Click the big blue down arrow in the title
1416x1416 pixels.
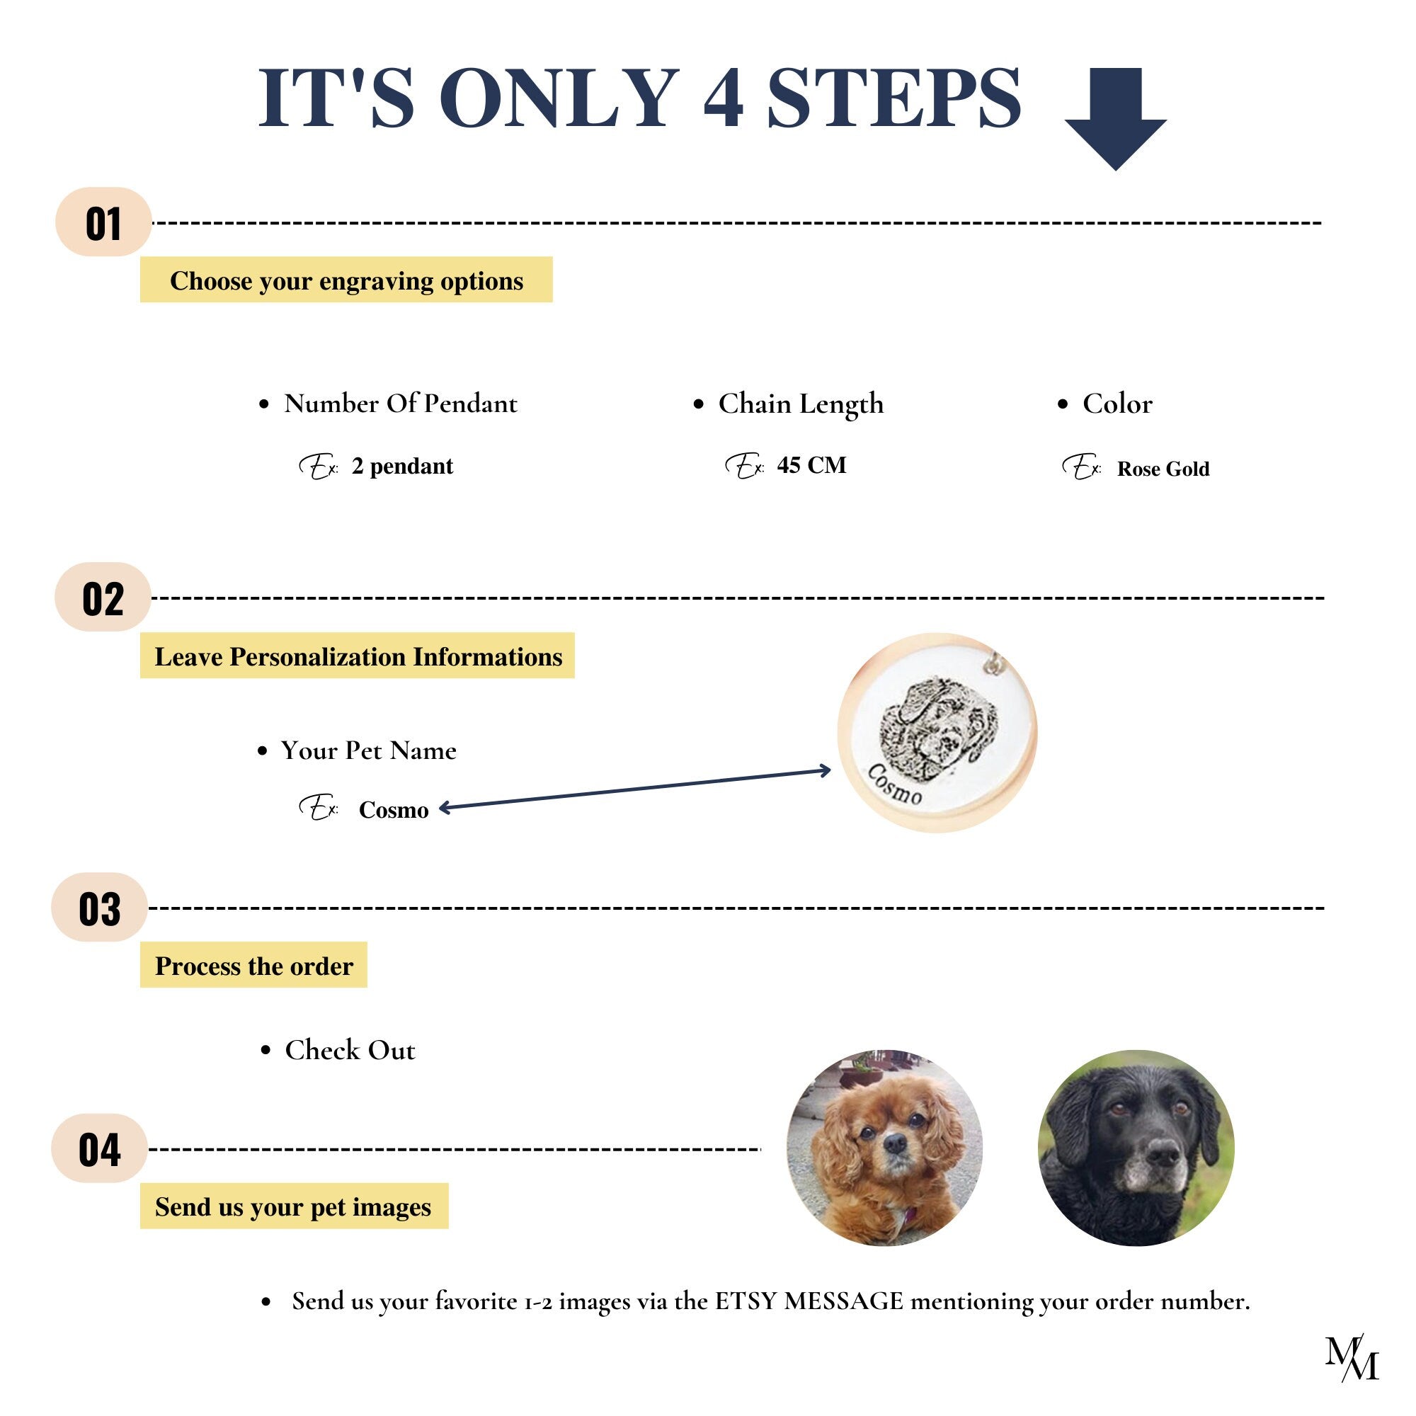[1115, 119]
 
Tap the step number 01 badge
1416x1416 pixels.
[103, 222]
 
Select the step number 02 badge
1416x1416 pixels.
[103, 598]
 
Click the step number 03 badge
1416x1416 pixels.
[100, 908]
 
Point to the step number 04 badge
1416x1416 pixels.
[100, 1148]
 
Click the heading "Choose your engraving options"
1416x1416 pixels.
[346, 280]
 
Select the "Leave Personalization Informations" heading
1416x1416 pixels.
[358, 656]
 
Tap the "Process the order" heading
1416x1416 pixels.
[253, 965]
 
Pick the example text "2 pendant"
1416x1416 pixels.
[402, 466]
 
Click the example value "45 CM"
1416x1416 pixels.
[811, 464]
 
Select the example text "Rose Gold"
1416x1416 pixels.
[1163, 468]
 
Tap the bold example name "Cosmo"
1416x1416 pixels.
[394, 810]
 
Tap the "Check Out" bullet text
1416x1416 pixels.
[350, 1050]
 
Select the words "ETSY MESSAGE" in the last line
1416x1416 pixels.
[809, 1301]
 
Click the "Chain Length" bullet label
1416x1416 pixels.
[800, 404]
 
